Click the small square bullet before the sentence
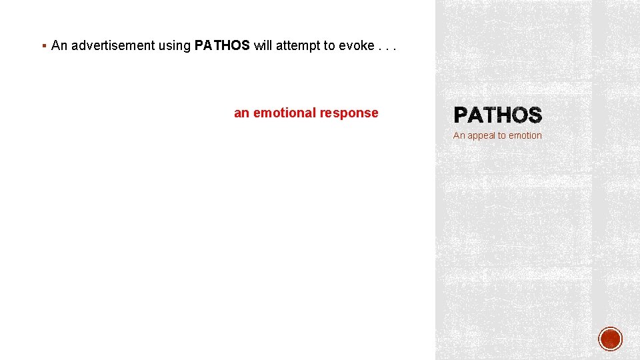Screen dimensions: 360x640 click(x=43, y=46)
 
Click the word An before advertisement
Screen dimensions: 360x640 click(x=59, y=45)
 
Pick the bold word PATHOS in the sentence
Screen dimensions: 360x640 click(x=222, y=45)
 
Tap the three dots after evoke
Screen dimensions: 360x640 click(x=387, y=45)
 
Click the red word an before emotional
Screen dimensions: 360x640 click(x=241, y=113)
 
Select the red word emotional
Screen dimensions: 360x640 click(x=285, y=113)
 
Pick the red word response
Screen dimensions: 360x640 click(x=349, y=113)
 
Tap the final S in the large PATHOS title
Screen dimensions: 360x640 click(x=535, y=116)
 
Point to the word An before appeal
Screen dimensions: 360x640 click(x=459, y=135)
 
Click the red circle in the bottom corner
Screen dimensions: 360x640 click(x=611, y=339)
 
